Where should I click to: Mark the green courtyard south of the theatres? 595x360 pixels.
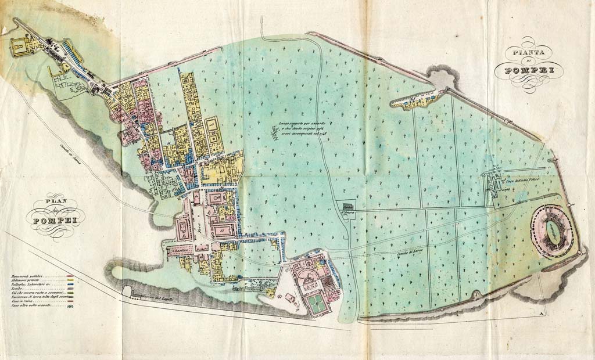click(x=317, y=304)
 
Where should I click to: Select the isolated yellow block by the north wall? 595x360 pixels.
click(x=414, y=102)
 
